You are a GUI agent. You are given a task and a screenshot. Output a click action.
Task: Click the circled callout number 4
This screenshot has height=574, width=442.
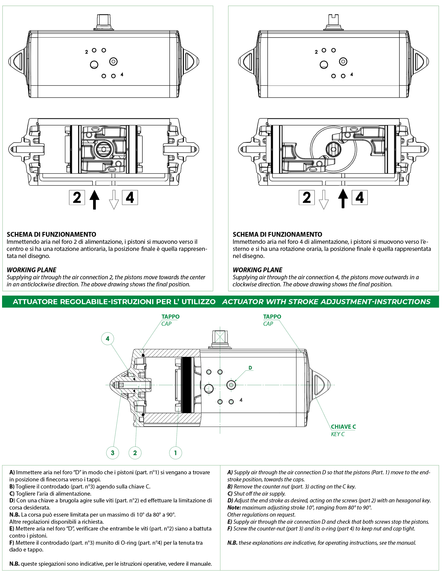(108, 338)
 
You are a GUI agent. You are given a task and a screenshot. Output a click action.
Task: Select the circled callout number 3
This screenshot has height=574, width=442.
(113, 453)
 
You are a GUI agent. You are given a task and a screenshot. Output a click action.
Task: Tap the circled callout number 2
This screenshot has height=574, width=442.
(135, 453)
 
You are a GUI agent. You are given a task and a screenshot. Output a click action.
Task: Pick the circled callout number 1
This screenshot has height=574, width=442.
(175, 453)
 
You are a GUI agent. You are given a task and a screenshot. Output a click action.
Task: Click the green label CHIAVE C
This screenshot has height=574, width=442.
(343, 427)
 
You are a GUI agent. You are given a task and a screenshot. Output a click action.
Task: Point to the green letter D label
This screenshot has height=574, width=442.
(250, 368)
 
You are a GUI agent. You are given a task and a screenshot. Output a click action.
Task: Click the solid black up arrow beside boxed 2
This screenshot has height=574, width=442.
(95, 199)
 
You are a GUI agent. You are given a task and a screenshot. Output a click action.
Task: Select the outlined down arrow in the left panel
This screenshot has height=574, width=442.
(114, 200)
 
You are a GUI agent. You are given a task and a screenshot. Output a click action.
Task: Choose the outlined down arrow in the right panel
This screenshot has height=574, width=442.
(324, 200)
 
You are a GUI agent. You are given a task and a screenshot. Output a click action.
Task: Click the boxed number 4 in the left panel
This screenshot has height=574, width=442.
(130, 198)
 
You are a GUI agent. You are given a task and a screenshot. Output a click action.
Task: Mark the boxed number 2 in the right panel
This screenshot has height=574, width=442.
(307, 198)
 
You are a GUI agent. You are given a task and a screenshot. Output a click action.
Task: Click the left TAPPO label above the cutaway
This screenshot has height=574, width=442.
(170, 317)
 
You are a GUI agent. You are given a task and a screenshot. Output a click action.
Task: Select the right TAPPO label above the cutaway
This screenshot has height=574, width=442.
(272, 317)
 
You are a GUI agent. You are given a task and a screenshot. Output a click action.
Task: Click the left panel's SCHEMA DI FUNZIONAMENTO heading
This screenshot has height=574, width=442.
(51, 234)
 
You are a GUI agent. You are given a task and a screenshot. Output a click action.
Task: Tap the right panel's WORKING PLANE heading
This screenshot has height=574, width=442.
(257, 270)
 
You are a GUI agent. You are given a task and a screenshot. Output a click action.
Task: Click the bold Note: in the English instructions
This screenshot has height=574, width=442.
(234, 507)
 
